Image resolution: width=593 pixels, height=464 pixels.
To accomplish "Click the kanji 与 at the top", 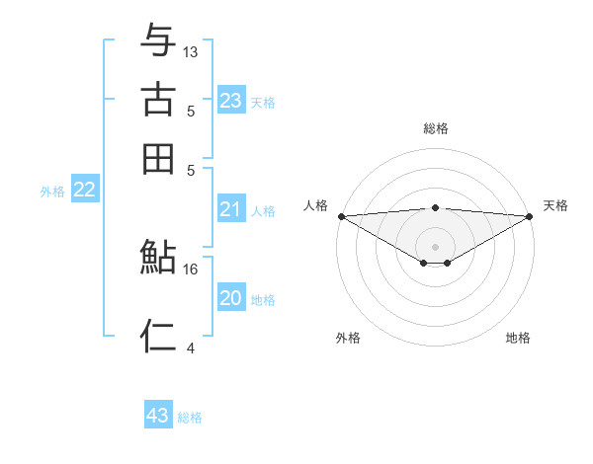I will click(x=159, y=40).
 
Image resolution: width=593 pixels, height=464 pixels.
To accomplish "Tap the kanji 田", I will click(x=159, y=158).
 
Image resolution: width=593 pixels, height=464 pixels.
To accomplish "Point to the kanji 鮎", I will click(x=159, y=259).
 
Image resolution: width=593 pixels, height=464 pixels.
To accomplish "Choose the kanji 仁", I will click(x=159, y=337).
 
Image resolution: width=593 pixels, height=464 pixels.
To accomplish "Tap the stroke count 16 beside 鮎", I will click(x=191, y=269).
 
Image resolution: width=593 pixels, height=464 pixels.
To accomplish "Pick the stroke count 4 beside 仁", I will click(x=191, y=348).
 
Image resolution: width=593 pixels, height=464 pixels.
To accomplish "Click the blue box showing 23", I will click(x=231, y=100).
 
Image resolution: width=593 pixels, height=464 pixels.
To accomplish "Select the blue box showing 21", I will click(x=231, y=208).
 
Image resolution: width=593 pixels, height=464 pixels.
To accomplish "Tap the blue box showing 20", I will click(x=231, y=297).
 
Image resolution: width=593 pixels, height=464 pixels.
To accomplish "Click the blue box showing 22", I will click(x=85, y=190).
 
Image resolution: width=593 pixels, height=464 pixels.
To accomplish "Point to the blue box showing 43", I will click(x=158, y=416).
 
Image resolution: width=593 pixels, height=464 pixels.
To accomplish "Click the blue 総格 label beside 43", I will click(x=191, y=418).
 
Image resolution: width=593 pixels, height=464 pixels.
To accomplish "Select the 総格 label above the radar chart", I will click(x=436, y=128).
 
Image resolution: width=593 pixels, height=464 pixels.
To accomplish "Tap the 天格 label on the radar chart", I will click(x=556, y=205).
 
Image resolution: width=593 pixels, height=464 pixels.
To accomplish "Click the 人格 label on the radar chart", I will click(x=315, y=205).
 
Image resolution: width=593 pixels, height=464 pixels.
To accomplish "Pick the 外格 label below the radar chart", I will click(x=348, y=339).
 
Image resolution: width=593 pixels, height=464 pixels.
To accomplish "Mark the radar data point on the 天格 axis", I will click(x=530, y=216).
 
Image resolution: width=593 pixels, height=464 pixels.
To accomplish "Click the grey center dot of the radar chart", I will click(x=436, y=246).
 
